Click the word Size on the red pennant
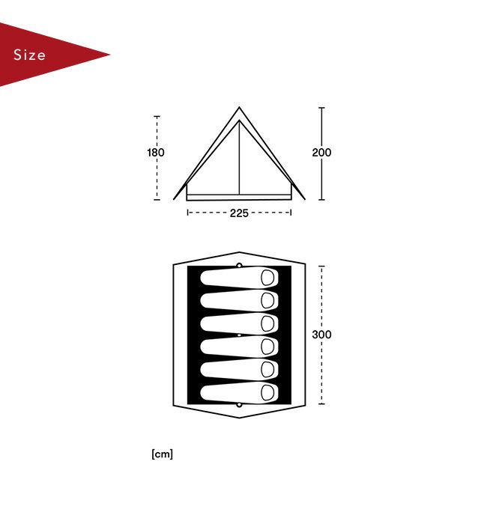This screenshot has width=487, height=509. pos(29,55)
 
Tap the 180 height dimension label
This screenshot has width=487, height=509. pos(156,152)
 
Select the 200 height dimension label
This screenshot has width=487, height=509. pos(321,152)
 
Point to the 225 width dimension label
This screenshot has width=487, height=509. pos(239,213)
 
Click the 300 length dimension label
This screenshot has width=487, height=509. pos(321,335)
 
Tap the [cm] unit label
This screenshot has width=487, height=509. pos(162,454)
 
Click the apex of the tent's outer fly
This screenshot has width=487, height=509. pos(240,107)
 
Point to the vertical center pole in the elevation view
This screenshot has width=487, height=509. pos(240,158)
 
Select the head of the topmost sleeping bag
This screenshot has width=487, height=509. pos(267,278)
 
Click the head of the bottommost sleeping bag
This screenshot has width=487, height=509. pos(267,392)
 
